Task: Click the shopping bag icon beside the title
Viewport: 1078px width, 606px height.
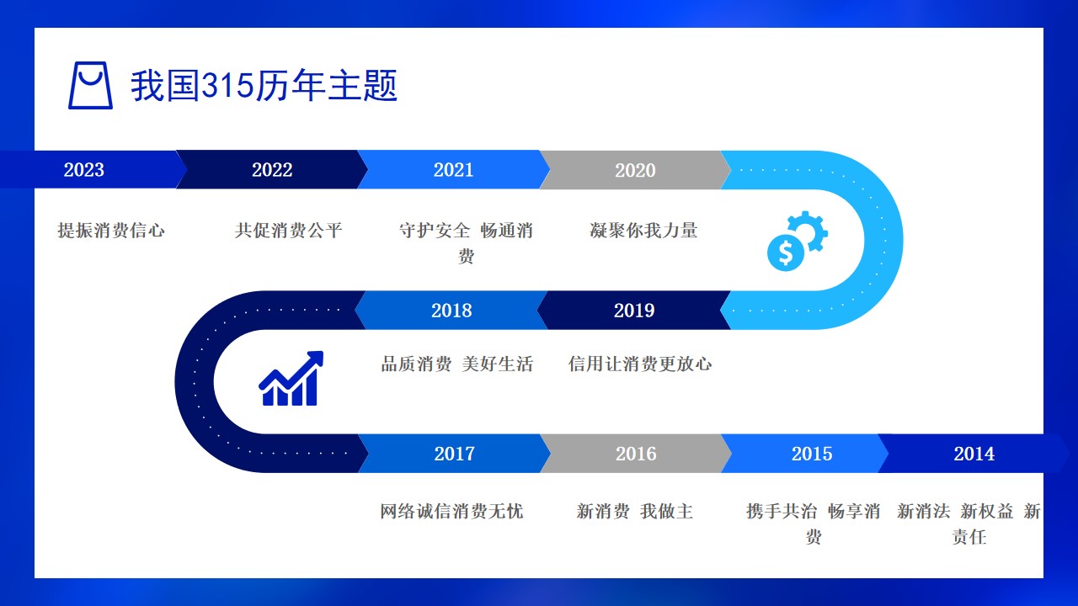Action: (90, 85)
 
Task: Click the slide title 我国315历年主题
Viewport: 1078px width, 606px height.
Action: (264, 85)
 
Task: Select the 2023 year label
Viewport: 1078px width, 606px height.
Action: (83, 170)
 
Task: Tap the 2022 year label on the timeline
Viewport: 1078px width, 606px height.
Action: (272, 170)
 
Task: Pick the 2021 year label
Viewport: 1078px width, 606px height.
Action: (453, 170)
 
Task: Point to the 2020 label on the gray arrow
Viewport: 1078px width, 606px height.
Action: (635, 170)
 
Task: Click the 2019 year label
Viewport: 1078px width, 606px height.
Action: (634, 311)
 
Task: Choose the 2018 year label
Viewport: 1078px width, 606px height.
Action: (451, 311)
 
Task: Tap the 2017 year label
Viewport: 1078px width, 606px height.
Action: (454, 454)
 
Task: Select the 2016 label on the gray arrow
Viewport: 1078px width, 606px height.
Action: (636, 454)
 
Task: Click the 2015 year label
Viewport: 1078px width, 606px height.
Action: (812, 454)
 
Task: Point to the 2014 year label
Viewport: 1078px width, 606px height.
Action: (974, 454)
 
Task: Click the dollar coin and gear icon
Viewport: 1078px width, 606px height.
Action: (798, 241)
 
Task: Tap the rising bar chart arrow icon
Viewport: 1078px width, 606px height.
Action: (291, 379)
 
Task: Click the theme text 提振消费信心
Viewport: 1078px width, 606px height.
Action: (111, 231)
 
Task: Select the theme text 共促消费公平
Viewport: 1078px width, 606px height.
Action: (288, 231)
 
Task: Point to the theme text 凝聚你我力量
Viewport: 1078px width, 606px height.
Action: (643, 231)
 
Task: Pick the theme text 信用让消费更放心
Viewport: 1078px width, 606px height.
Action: (639, 364)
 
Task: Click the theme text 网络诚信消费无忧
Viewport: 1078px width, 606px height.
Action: (451, 511)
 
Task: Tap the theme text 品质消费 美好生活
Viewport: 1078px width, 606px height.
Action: (456, 364)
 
